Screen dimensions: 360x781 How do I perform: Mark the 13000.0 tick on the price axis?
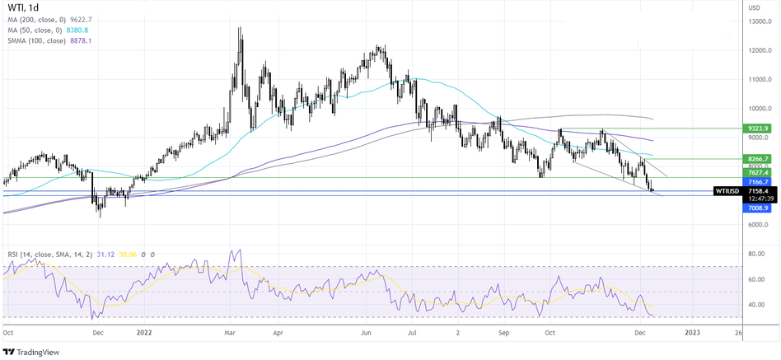pos(759,21)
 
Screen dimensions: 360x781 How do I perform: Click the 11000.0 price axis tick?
pos(759,80)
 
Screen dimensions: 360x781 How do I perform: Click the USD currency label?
pos(754,7)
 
